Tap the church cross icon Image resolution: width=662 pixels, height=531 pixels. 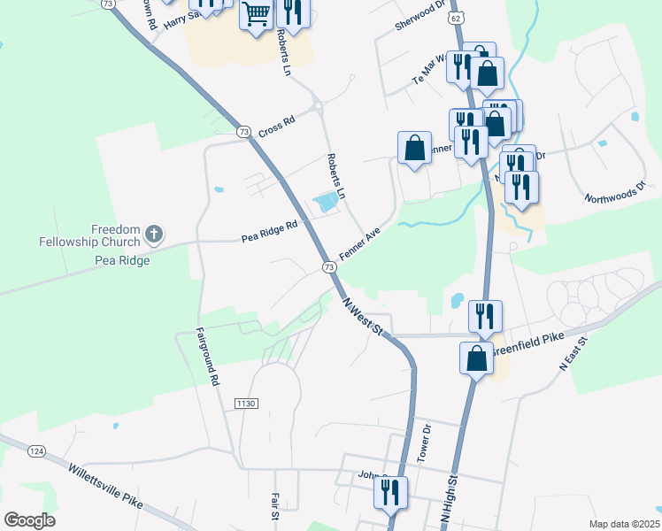coord(154,235)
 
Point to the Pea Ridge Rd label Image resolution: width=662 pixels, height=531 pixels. coord(269,233)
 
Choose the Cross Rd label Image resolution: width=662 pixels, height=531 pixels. coord(276,125)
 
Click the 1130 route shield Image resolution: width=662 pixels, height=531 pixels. coord(246,404)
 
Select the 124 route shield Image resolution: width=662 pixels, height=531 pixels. coord(36,451)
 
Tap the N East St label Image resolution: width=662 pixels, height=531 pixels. coord(573,352)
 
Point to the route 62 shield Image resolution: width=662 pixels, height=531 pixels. coord(454,17)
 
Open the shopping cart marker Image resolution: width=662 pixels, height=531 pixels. coord(256,15)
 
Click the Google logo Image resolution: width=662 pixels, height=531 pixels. coord(29,520)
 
